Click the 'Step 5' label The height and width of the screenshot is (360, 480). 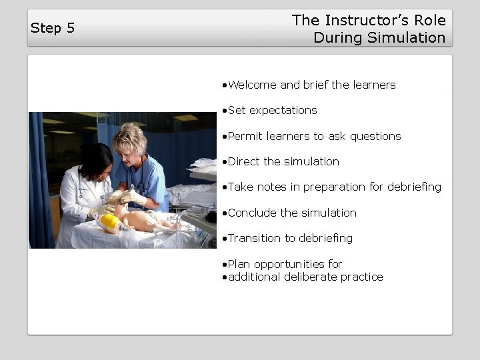coord(53,28)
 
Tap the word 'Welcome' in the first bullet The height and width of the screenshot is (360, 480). coord(253,85)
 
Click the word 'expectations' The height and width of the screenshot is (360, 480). coord(283,110)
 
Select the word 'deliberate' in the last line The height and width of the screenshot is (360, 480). coord(312,277)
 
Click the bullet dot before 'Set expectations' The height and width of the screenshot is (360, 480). coord(225,111)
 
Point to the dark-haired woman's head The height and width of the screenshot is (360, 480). coord(95,161)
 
